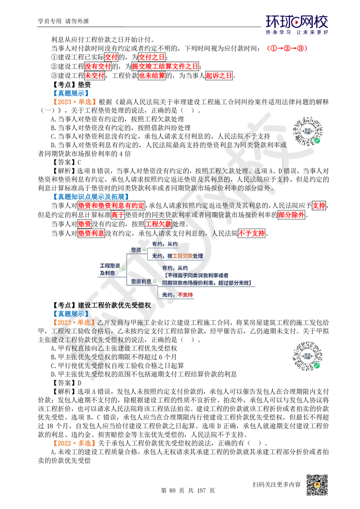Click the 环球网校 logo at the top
(x=297, y=24)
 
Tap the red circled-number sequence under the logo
(x=287, y=48)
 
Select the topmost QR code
(x=308, y=131)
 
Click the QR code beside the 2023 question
(x=308, y=357)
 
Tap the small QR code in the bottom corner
(x=316, y=485)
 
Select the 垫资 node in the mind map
(x=136, y=249)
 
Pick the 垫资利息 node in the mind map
(x=141, y=281)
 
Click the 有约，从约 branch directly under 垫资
(x=165, y=244)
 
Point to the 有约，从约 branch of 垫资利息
(x=175, y=268)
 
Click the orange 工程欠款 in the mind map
(x=183, y=256)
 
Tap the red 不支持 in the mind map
(x=185, y=295)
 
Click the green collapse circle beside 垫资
(x=144, y=249)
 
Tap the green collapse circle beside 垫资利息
(x=154, y=281)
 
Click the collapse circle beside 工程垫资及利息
(x=123, y=269)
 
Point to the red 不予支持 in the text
(x=251, y=233)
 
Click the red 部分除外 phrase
(x=291, y=215)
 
